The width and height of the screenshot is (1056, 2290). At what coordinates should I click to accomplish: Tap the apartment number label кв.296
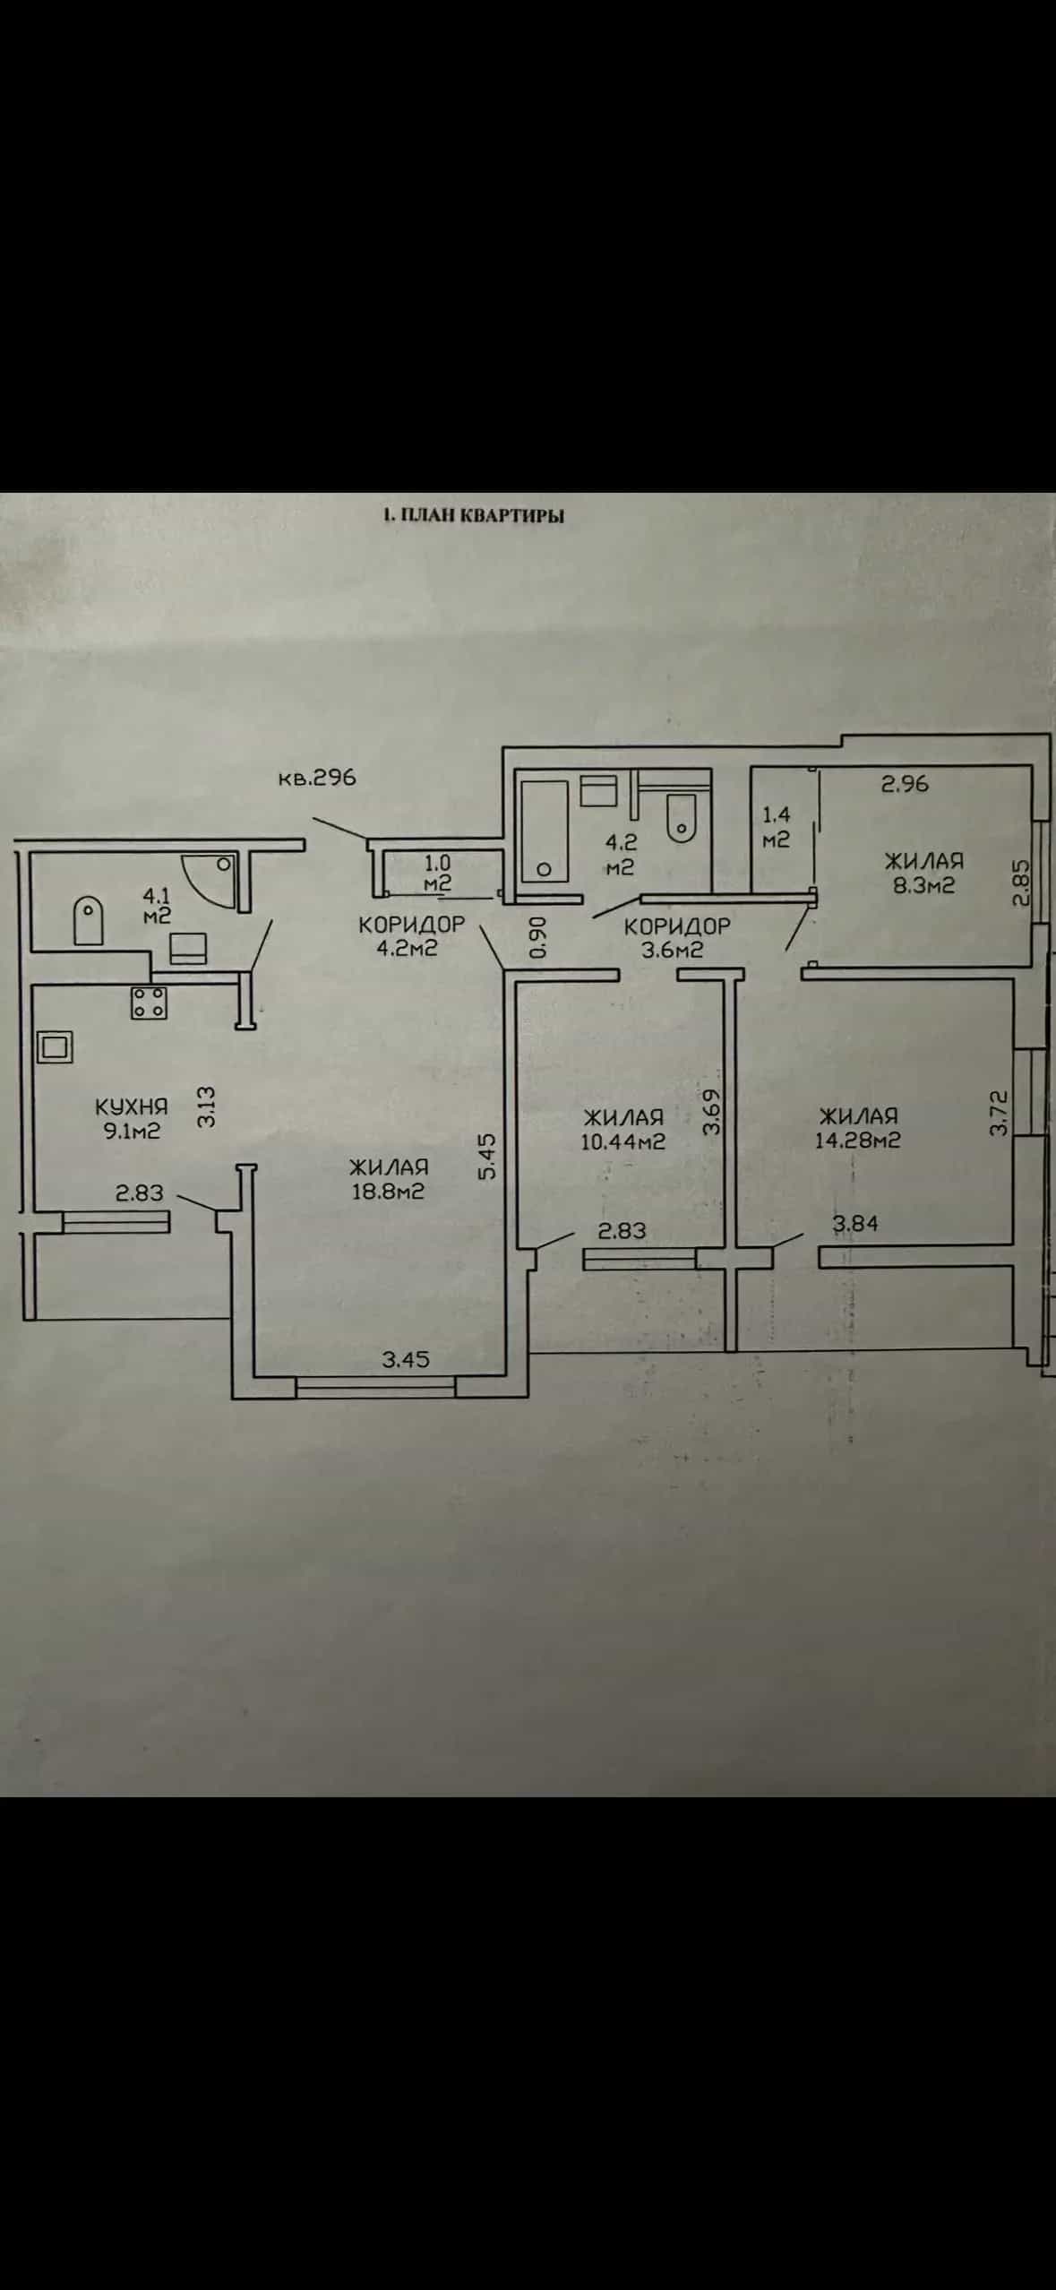point(317,778)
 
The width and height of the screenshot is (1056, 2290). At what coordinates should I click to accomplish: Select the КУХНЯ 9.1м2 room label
point(132,1119)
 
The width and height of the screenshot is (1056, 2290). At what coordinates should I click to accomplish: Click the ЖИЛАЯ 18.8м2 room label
point(389,1179)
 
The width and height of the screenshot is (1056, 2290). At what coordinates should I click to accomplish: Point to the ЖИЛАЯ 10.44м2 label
point(623,1129)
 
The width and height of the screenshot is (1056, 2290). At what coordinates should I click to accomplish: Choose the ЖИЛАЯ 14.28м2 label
point(858,1128)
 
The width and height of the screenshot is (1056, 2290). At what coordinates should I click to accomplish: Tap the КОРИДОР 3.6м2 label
point(677,938)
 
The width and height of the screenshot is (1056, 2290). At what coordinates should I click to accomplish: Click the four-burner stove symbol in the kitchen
point(149,1002)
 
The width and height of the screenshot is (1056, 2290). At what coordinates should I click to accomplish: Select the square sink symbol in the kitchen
point(54,1046)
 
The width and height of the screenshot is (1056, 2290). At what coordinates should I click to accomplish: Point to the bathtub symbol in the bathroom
point(545,832)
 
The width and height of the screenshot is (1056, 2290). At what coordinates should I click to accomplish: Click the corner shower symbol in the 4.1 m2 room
point(210,882)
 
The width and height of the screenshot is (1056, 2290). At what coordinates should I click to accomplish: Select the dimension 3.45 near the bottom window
point(406,1359)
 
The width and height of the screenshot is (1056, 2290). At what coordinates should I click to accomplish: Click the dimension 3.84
point(855,1223)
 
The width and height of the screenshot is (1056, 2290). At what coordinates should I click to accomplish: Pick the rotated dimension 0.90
point(537,937)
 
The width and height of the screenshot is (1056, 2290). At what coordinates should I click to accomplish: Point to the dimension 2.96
point(906,784)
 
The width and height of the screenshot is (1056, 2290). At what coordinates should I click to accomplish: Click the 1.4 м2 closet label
point(776,827)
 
